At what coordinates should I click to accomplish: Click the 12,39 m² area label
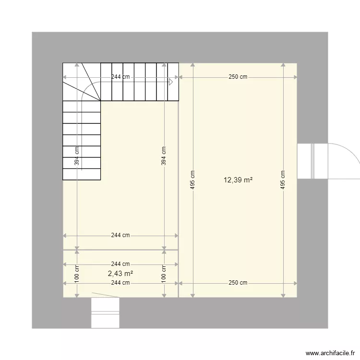238,180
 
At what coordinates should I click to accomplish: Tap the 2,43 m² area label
120,273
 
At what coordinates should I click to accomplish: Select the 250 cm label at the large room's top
238,77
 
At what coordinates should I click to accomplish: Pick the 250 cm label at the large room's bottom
238,283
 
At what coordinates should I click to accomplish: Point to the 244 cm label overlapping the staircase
120,77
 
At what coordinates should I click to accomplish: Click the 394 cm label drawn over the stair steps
77,156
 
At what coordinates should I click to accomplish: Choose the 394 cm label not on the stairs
164,156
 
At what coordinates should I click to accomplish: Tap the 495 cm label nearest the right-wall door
283,180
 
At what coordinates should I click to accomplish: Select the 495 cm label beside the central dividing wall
192,180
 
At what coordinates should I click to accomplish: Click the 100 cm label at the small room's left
77,274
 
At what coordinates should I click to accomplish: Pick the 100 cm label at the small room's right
164,274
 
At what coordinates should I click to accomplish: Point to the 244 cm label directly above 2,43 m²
120,264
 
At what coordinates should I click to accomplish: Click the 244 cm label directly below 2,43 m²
120,283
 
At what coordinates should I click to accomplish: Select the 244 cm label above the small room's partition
120,235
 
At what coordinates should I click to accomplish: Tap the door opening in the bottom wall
105,312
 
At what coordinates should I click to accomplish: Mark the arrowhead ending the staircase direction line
170,82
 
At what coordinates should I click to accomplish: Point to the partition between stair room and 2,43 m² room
120,250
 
